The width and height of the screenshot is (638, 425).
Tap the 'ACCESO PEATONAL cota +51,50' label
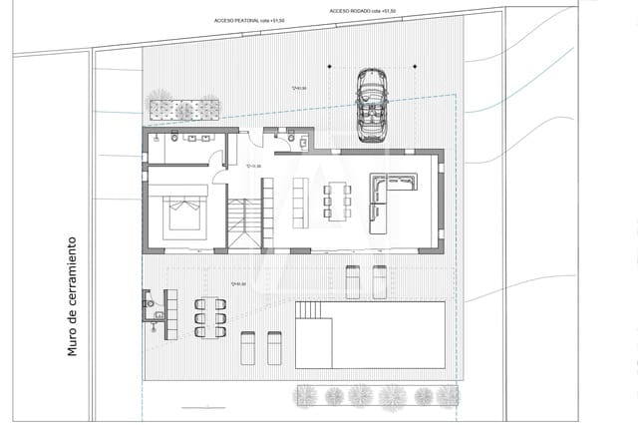249,20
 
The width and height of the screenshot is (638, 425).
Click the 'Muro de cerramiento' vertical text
72,296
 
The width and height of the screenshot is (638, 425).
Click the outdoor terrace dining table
210,318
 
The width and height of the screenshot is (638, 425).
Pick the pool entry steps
311,310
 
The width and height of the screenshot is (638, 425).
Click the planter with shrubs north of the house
183,108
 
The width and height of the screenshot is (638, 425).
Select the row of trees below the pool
377,396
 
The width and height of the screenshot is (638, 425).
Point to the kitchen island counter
301,201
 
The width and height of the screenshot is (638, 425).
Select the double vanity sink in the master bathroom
196,138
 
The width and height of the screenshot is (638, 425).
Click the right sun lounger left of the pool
274,348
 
